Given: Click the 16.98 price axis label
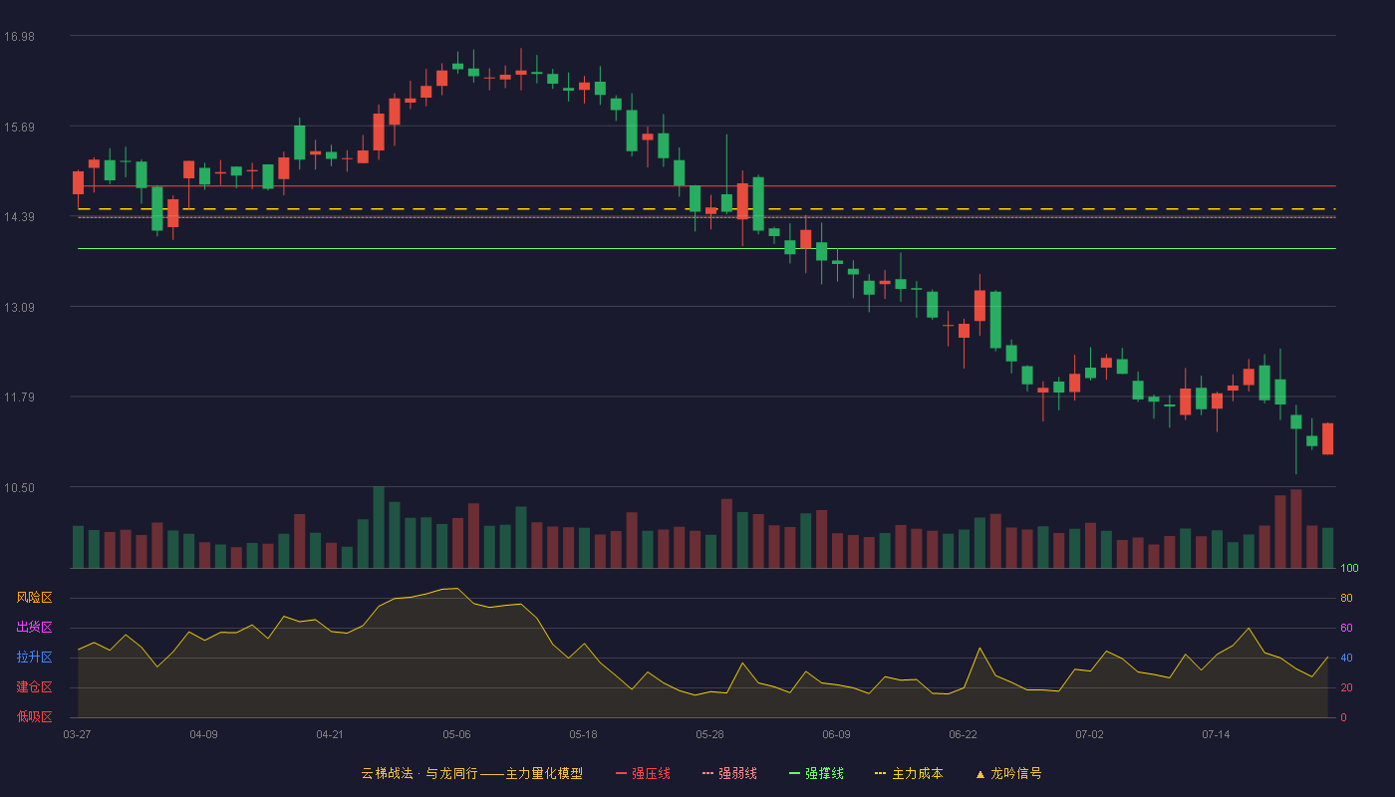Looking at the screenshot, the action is pos(19,37).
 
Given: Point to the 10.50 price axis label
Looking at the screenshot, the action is pos(19,488).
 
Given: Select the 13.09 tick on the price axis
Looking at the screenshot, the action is pos(19,308).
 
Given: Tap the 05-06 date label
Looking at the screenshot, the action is pos(456,735).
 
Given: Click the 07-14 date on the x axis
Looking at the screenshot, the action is pos(1216,735).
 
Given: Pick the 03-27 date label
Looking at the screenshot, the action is pos(78,735).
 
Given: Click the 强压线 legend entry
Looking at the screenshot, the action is pos(643,774).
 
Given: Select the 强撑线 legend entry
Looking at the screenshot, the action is pos(816,774).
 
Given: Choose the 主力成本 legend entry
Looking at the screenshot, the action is pos(909,774).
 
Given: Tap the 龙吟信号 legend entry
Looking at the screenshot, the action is pos(1008,774).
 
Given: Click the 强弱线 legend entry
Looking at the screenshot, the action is pos(729,774).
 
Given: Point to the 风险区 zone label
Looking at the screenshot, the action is pos(34,598).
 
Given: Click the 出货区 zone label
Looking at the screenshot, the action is pos(34,627).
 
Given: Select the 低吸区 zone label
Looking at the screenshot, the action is pos(34,717).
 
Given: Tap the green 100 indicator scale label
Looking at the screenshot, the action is pos(1349,568).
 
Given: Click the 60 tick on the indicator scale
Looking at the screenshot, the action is pos(1346,628).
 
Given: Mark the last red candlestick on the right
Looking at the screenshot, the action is pos(1327,439).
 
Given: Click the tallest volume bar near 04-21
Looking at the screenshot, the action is pos(379,527).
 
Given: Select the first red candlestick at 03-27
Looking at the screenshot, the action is pos(78,183).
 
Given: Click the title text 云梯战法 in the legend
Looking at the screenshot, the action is pos(387,774).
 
